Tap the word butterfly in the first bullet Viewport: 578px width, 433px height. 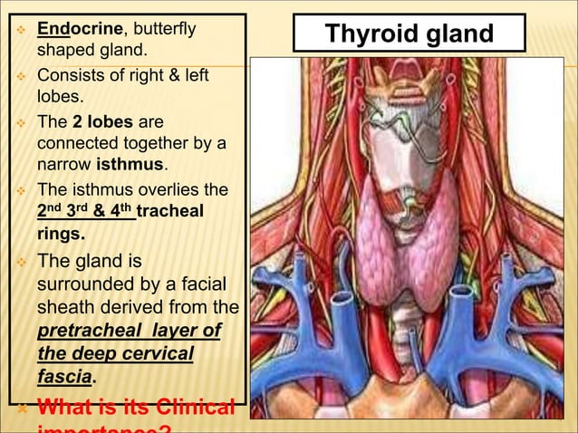click(164, 29)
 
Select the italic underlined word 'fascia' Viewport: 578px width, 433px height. click(64, 376)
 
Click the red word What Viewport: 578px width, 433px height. click(69, 407)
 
